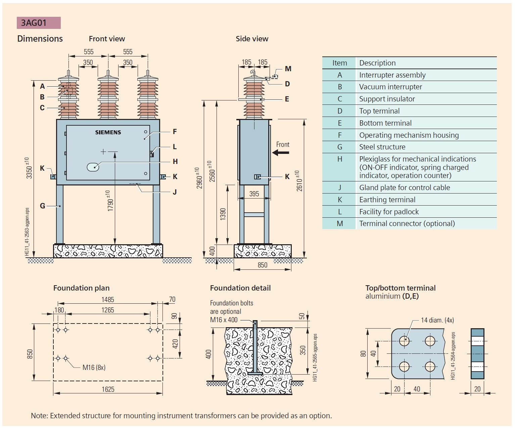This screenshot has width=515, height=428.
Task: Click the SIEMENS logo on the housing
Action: (108, 132)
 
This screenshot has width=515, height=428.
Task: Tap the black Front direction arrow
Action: (281, 153)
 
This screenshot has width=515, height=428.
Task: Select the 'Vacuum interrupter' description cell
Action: (390, 87)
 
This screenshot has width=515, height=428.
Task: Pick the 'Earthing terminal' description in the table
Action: (387, 200)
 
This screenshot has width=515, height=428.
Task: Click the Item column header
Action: (339, 63)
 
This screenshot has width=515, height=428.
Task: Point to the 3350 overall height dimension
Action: (29, 168)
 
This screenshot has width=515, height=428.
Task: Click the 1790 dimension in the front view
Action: (110, 201)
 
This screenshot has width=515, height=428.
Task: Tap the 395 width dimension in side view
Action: (254, 194)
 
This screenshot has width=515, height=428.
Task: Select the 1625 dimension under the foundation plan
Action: (108, 389)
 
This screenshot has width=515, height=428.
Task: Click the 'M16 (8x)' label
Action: (94, 368)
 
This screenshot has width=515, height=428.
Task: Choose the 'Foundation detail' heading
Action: (240, 288)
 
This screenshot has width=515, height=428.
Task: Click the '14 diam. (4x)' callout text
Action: (437, 320)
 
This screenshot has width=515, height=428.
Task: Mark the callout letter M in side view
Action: (288, 69)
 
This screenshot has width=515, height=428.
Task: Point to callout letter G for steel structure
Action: (42, 206)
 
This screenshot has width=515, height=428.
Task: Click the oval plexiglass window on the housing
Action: (93, 167)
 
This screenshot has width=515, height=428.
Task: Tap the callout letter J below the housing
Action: (175, 192)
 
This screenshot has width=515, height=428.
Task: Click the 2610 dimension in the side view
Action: (299, 181)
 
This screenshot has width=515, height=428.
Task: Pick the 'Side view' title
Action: (252, 39)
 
